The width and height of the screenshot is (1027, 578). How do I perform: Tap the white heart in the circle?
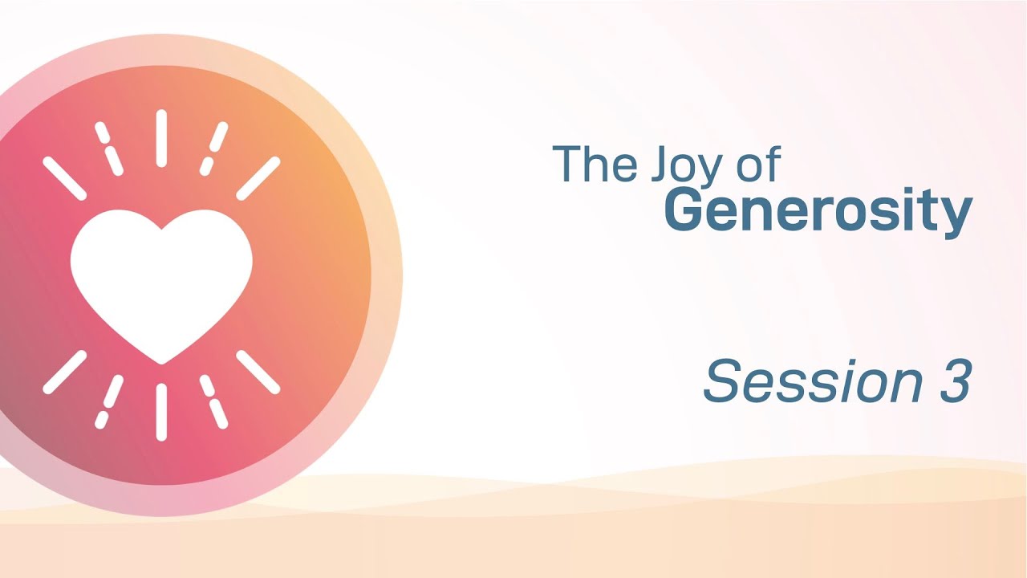[161, 278]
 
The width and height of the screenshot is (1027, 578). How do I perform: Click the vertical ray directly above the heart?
[161, 138]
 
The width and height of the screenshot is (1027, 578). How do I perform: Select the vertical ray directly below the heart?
[161, 412]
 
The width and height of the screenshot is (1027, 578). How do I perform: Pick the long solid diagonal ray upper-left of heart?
[64, 178]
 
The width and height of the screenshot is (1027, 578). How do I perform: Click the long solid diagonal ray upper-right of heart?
[258, 178]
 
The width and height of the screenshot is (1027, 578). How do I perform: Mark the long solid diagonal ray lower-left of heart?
[64, 372]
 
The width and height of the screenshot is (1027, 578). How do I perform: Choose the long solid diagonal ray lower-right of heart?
[258, 372]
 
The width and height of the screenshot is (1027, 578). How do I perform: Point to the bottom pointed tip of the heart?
[161, 361]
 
